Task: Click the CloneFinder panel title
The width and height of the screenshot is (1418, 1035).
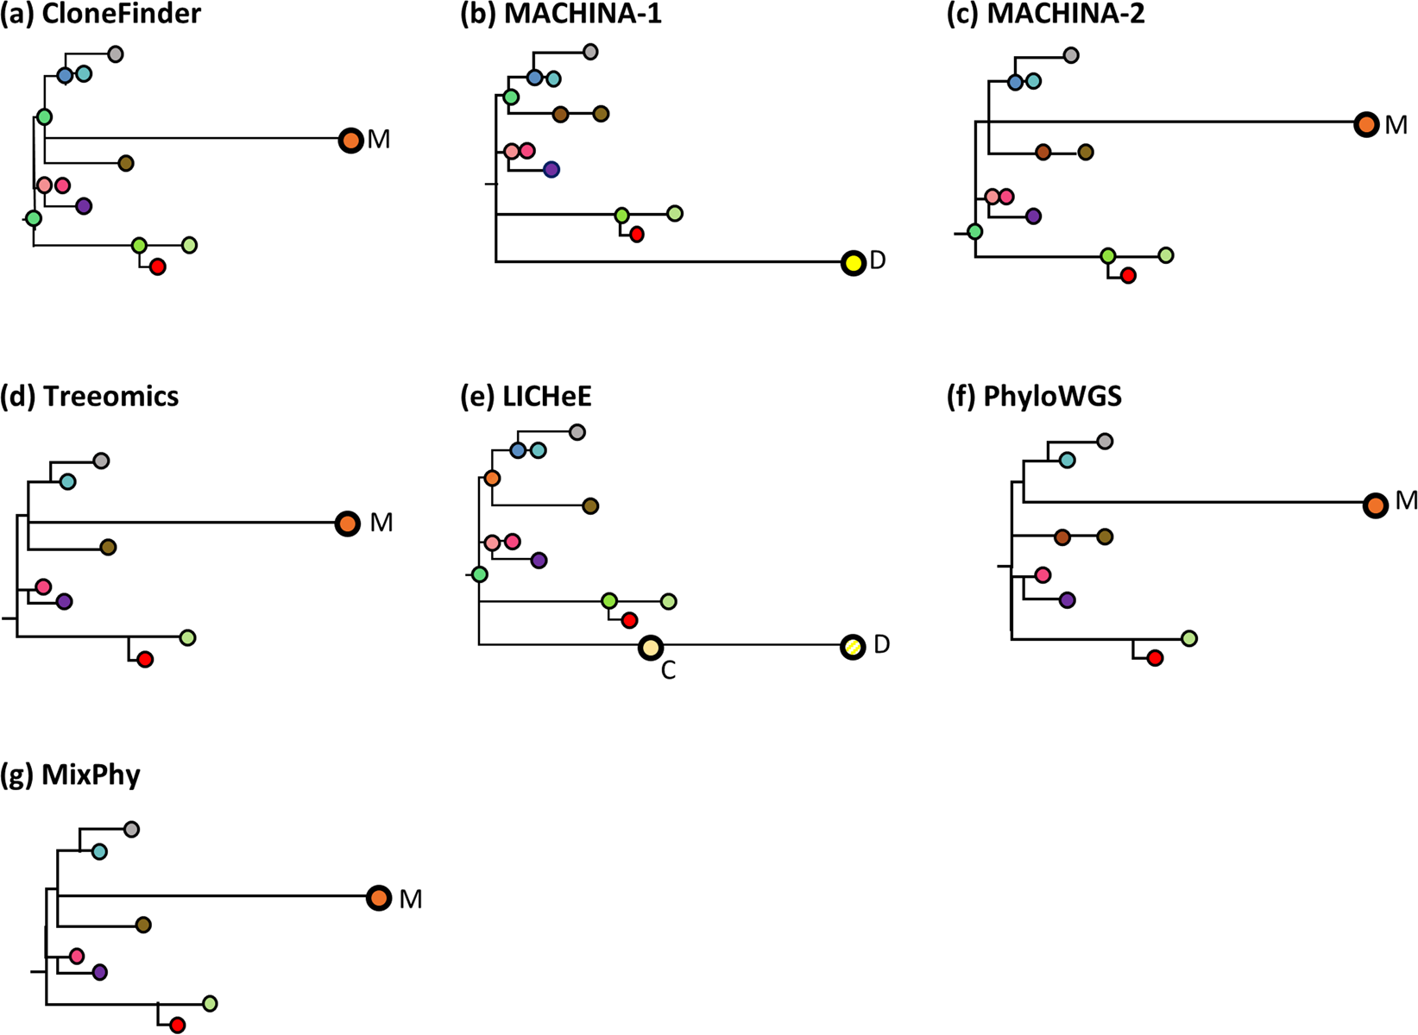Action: (100, 15)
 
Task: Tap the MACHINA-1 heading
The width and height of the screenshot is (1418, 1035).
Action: (561, 15)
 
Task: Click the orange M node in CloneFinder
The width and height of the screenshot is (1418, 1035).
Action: (350, 140)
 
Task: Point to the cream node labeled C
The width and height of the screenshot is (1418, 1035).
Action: (650, 647)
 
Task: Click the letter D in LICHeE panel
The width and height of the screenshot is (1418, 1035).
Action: (881, 644)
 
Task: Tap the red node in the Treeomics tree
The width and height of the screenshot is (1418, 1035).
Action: (145, 660)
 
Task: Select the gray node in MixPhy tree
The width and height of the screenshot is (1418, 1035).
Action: (131, 830)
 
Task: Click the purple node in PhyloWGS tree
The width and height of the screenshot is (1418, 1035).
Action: (1067, 600)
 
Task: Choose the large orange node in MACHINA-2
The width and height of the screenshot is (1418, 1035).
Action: (1365, 124)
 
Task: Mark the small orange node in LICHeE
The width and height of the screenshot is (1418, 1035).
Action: (492, 478)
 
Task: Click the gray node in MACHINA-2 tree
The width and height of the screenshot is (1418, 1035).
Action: (1070, 56)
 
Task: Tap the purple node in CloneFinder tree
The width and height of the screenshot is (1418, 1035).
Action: (84, 206)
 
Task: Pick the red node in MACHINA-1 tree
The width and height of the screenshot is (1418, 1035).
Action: (636, 235)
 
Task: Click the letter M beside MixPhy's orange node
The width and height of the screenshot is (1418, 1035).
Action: (411, 900)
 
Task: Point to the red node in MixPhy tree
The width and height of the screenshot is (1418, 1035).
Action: (177, 1026)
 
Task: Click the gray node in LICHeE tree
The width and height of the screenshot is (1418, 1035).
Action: (577, 432)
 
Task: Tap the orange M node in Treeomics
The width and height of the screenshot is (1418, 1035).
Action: (347, 523)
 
